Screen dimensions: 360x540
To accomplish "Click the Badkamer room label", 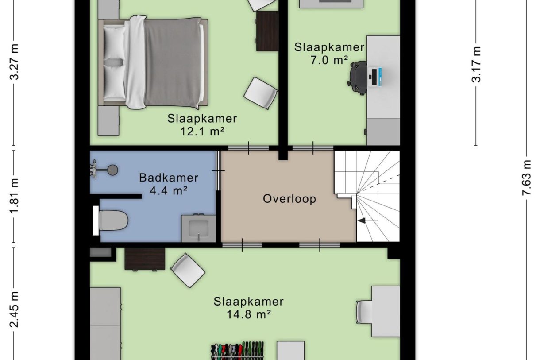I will [x=168, y=178].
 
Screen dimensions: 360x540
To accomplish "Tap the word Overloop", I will [x=289, y=199].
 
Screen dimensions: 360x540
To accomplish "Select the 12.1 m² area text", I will [x=202, y=131].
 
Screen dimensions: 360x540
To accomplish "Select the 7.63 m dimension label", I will [x=526, y=177].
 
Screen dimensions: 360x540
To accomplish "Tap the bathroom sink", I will [x=198, y=228].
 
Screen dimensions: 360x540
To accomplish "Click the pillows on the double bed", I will [x=114, y=62].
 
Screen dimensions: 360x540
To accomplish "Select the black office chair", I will [x=358, y=78].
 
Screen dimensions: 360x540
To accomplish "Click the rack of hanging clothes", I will [x=237, y=351].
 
